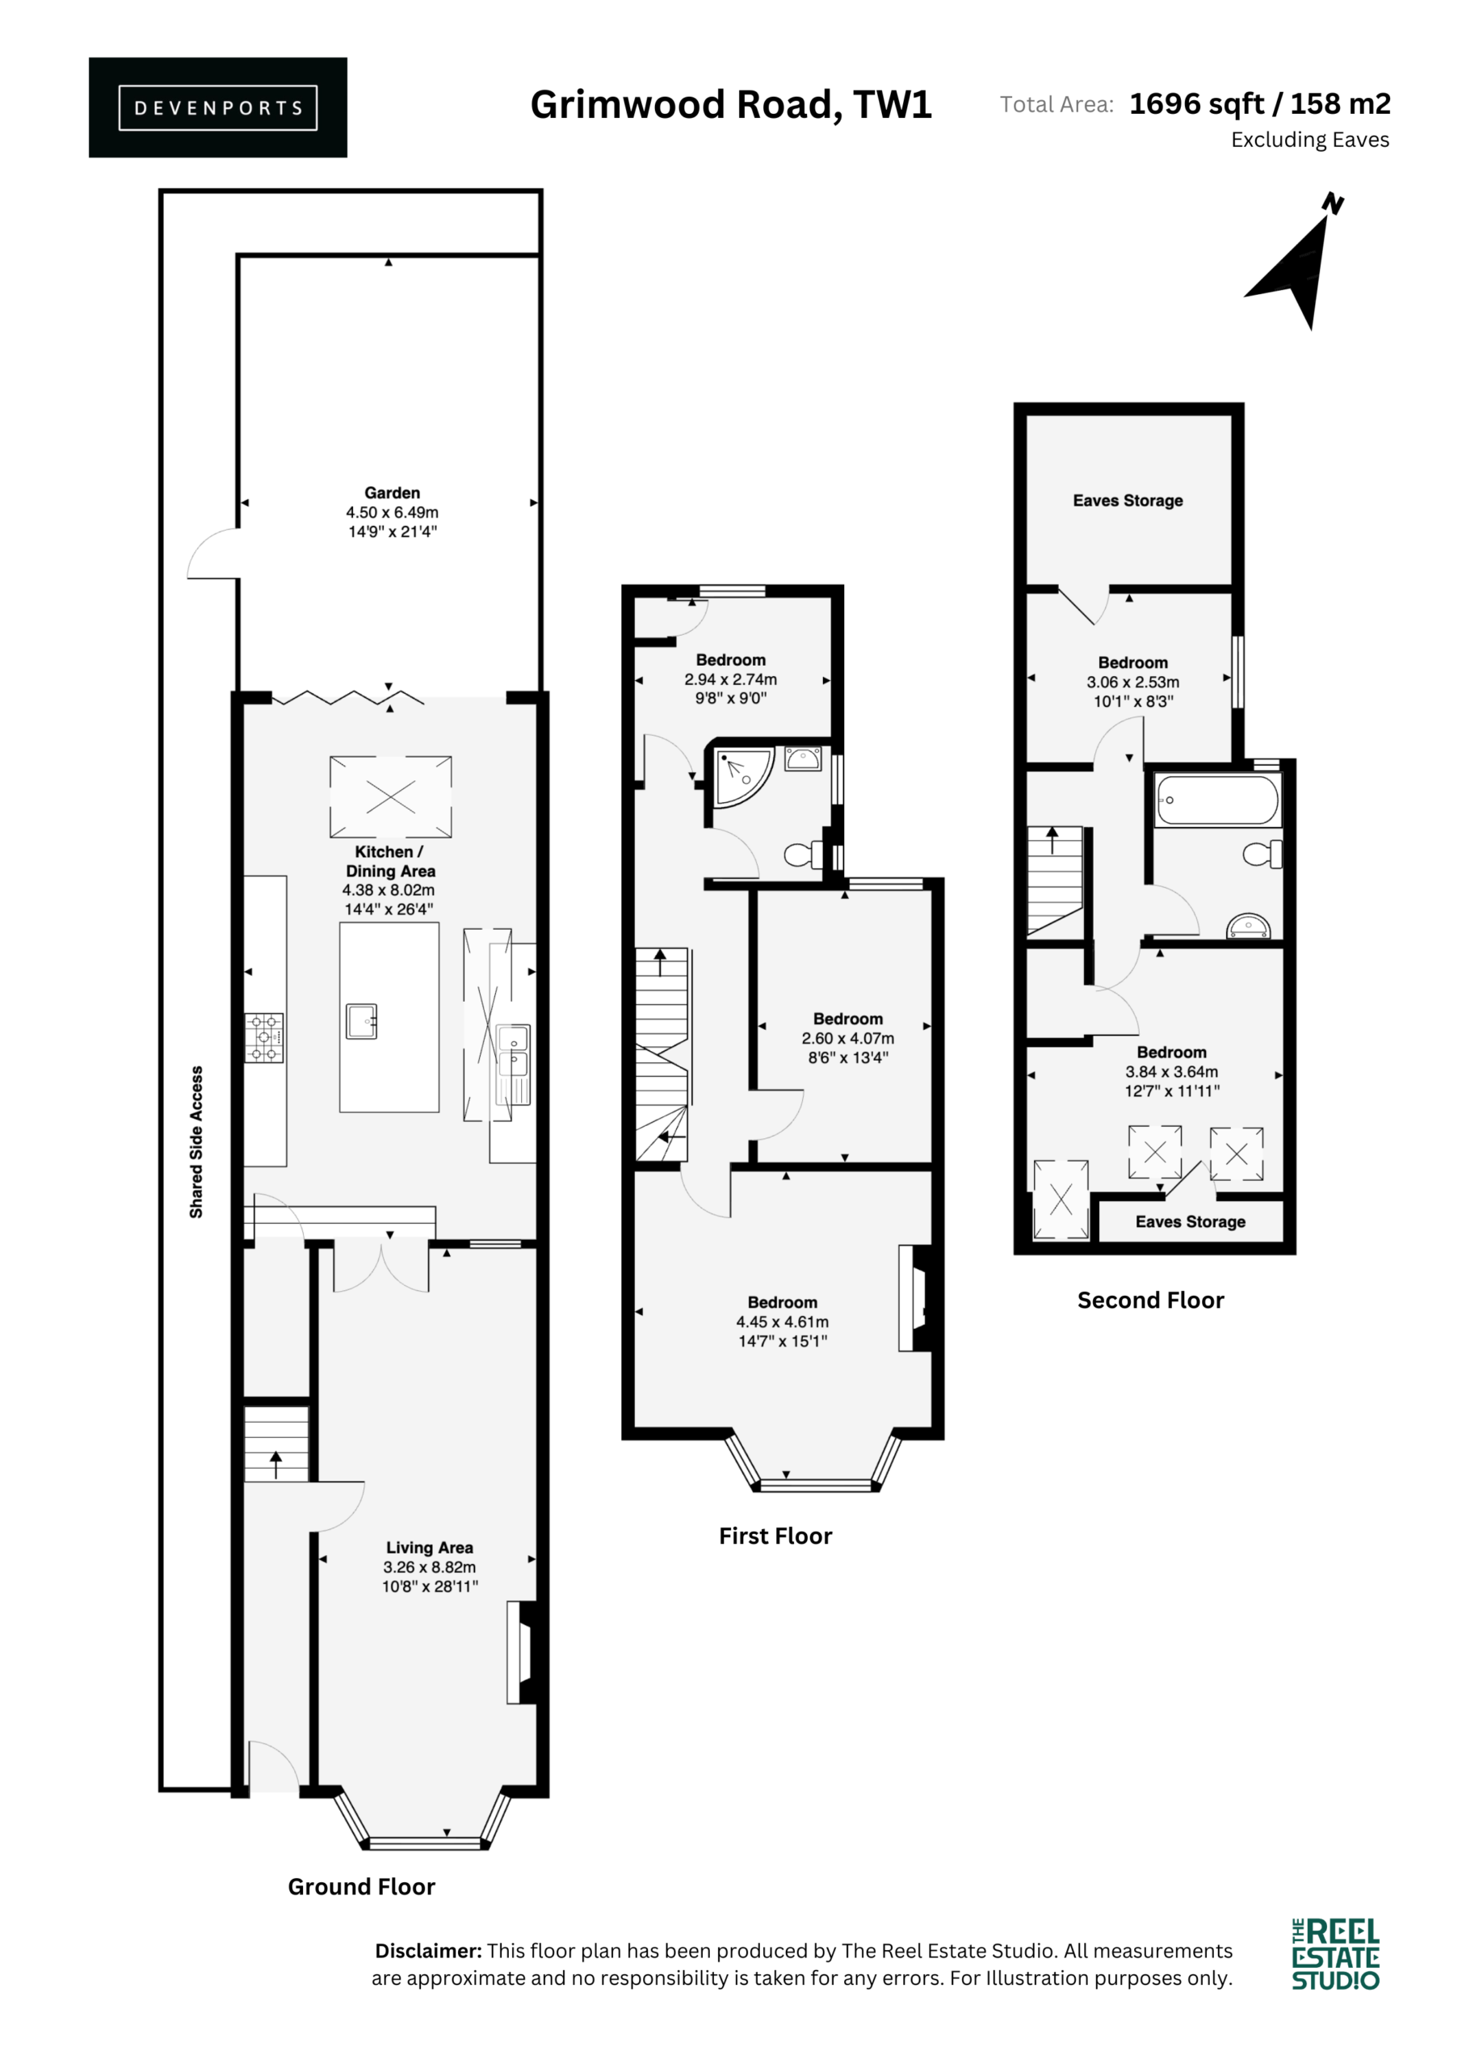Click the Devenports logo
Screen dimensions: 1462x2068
[218, 107]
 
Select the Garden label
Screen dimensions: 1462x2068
[392, 493]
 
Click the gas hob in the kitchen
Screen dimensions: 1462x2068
[265, 1037]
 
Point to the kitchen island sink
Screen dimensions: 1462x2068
[361, 1021]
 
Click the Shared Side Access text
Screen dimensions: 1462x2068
[196, 1142]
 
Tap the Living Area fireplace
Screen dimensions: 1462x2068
[524, 1652]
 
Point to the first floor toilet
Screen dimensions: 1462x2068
[804, 854]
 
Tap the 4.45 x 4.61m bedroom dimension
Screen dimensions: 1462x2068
[782, 1322]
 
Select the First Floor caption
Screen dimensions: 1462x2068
[775, 1536]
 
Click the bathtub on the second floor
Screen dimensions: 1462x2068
[1217, 799]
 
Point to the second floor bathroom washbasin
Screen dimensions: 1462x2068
[1249, 926]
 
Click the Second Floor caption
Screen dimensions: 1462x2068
[1150, 1301]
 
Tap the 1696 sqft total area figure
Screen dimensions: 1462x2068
[1196, 104]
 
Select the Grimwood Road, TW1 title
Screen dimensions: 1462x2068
[730, 104]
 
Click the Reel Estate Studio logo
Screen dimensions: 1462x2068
[1336, 1953]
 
